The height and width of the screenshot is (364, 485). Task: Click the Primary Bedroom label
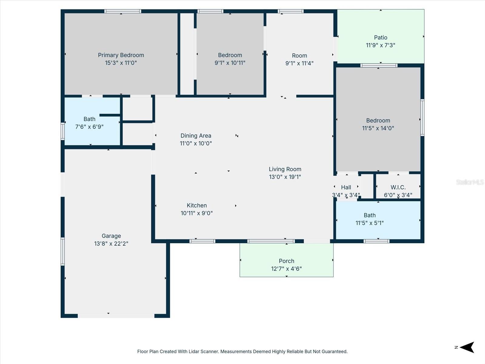[121, 55]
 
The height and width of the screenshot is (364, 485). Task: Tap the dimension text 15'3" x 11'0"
[121, 63]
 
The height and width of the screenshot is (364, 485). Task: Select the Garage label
[111, 236]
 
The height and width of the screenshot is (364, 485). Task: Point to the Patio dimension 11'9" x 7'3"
[380, 45]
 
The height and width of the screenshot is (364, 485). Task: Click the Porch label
[286, 261]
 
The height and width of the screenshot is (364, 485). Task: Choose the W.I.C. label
[398, 187]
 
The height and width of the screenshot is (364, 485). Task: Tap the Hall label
[346, 187]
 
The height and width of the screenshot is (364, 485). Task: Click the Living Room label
[285, 169]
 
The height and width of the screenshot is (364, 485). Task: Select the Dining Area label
[196, 136]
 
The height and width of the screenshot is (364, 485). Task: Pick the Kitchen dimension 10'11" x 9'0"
[197, 213]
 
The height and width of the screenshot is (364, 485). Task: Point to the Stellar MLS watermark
[470, 182]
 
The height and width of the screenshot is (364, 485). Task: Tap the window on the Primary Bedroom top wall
[123, 11]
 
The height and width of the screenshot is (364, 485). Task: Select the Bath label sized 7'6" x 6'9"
[89, 119]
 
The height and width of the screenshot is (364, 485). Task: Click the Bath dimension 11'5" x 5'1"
[370, 223]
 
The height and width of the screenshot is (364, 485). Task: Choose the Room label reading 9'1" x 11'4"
[299, 56]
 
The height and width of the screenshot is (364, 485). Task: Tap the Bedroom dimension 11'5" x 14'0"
[378, 128]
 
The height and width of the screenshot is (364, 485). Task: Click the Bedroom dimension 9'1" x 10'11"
[230, 63]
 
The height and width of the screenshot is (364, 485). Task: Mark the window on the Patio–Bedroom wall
[379, 66]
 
